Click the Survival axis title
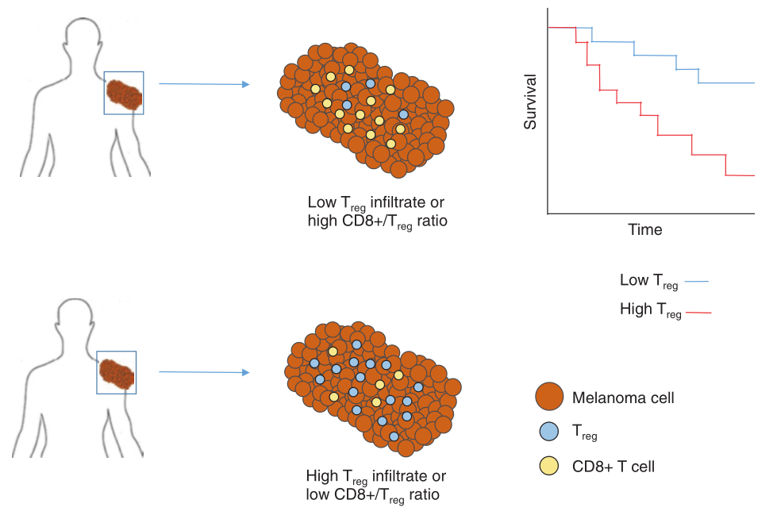click(531, 102)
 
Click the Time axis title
click(644, 229)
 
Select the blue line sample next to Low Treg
click(694, 281)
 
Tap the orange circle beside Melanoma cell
click(549, 397)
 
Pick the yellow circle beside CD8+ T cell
click(549, 466)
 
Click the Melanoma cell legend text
click(623, 398)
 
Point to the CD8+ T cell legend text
click(614, 466)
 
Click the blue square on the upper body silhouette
click(125, 93)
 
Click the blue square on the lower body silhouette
click(116, 372)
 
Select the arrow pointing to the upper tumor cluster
click(204, 83)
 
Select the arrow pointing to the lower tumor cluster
click(204, 371)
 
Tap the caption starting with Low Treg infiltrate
click(377, 211)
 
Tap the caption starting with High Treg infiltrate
click(376, 485)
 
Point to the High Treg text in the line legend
click(650, 310)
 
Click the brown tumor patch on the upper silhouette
click(125, 94)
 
